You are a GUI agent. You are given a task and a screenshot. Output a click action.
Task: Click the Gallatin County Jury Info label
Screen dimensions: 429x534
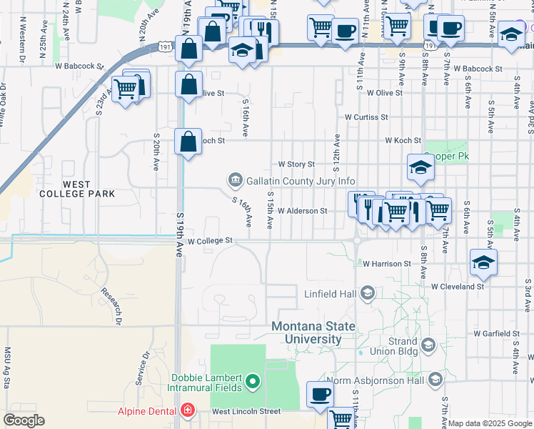(x=301, y=181)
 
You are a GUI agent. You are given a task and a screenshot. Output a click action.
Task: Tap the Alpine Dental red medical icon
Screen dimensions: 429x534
(x=187, y=411)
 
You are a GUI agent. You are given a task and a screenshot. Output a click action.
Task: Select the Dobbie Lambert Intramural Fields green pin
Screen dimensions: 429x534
(x=251, y=383)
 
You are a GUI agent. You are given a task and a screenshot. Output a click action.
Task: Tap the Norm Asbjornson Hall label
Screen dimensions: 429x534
(x=375, y=380)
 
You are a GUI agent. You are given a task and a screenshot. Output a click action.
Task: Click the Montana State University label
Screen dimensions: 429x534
(x=313, y=332)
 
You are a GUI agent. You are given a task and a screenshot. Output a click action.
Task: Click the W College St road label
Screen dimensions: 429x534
(x=211, y=241)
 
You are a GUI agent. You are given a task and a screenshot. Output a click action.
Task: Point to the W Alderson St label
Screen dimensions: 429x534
(x=302, y=211)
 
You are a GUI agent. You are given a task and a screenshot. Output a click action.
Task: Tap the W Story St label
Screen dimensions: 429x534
(x=296, y=164)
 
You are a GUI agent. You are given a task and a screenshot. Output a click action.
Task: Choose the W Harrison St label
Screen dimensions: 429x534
(x=386, y=264)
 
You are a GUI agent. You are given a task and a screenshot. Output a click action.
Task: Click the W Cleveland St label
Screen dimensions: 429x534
(x=458, y=286)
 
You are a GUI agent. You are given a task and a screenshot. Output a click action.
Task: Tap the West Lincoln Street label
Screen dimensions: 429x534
(x=246, y=412)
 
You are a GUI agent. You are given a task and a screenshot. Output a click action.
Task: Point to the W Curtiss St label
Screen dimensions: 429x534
(x=366, y=117)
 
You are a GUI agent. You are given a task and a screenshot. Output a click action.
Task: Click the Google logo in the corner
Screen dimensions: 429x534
(x=24, y=420)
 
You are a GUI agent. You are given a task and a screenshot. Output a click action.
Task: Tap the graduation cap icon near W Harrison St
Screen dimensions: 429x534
(x=483, y=262)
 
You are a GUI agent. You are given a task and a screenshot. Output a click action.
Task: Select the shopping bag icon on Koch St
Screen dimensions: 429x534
(x=188, y=140)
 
